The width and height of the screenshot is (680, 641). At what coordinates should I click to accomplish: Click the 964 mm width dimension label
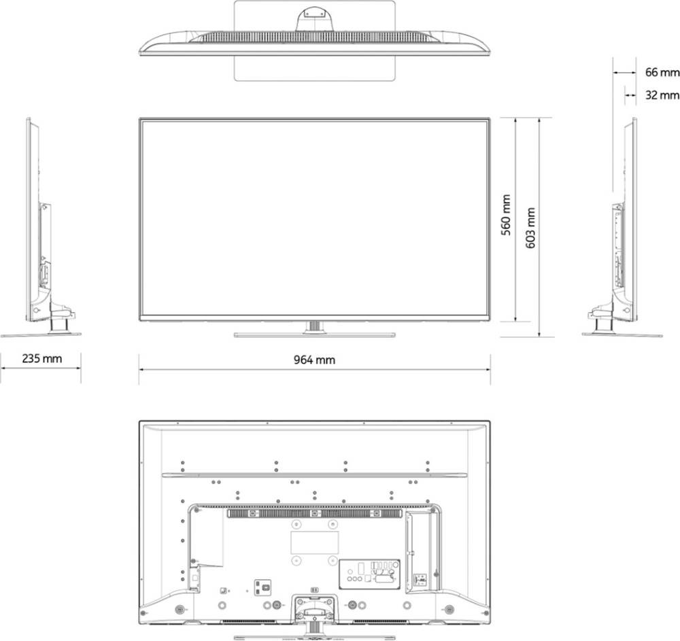point(314,360)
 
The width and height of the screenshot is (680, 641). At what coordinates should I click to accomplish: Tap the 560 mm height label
point(506,215)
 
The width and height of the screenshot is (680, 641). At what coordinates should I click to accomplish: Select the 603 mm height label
point(530,228)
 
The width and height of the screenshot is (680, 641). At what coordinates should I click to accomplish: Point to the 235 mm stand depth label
point(41,358)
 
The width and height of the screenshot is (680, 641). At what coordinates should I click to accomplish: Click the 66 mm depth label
point(662,72)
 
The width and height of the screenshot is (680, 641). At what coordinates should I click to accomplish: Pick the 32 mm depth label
point(662,95)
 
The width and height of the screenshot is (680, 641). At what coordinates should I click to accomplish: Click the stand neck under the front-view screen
point(315,326)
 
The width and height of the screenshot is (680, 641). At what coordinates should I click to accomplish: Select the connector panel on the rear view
point(369,574)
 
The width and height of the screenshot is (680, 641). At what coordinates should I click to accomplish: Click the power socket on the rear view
point(262,588)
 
